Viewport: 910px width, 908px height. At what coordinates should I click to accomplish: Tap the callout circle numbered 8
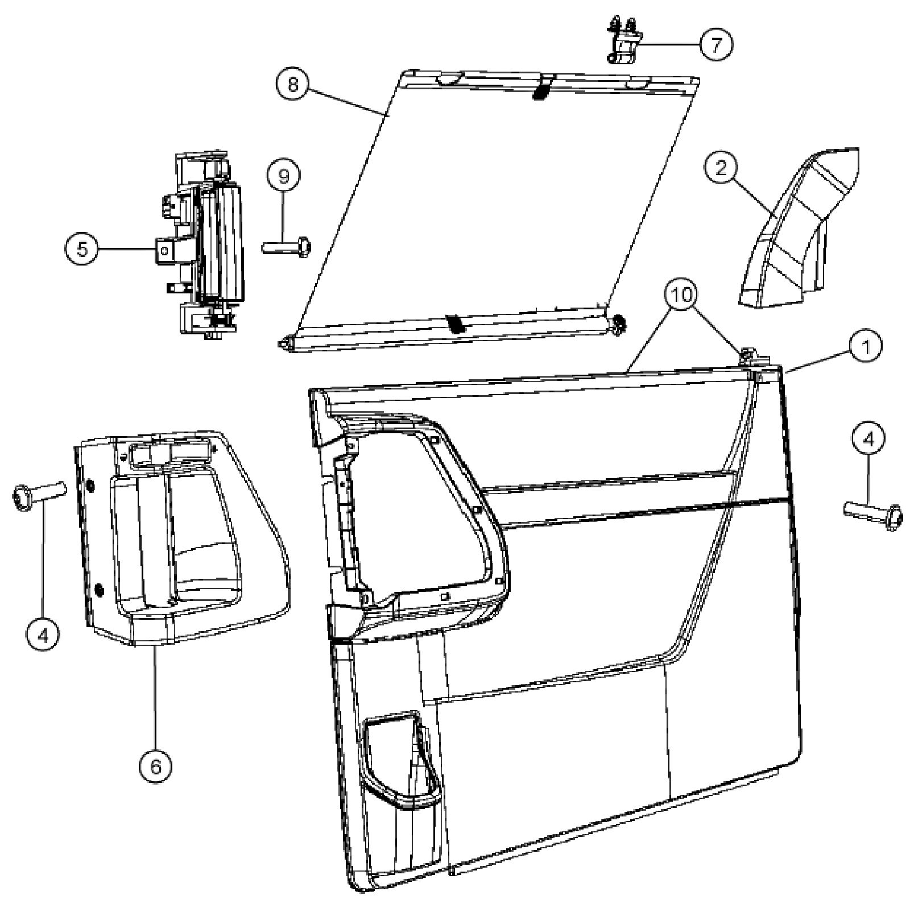pyautogui.click(x=293, y=85)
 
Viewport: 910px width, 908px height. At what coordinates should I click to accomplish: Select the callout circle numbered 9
pyautogui.click(x=283, y=176)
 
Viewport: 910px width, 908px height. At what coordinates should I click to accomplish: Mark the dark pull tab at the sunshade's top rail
pyautogui.click(x=542, y=89)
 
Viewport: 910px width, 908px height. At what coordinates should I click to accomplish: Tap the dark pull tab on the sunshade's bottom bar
pyautogui.click(x=456, y=324)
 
